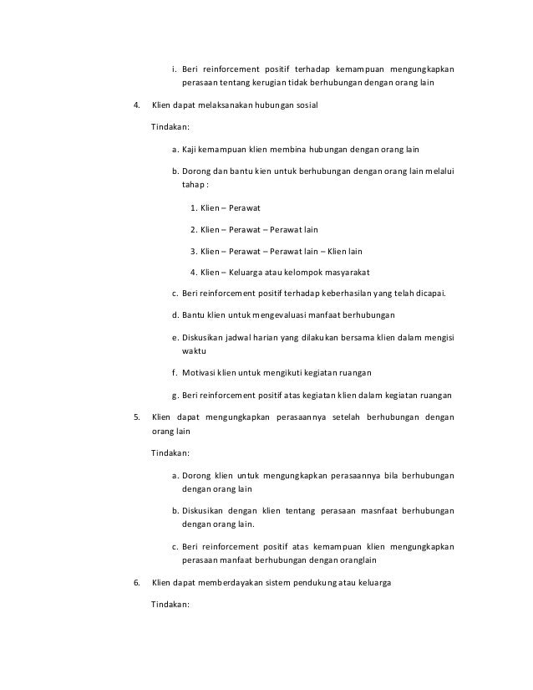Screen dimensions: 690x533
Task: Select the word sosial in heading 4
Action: coord(304,106)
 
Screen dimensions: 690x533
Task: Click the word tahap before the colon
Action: coord(193,185)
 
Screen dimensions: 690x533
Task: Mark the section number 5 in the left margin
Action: coord(136,417)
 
